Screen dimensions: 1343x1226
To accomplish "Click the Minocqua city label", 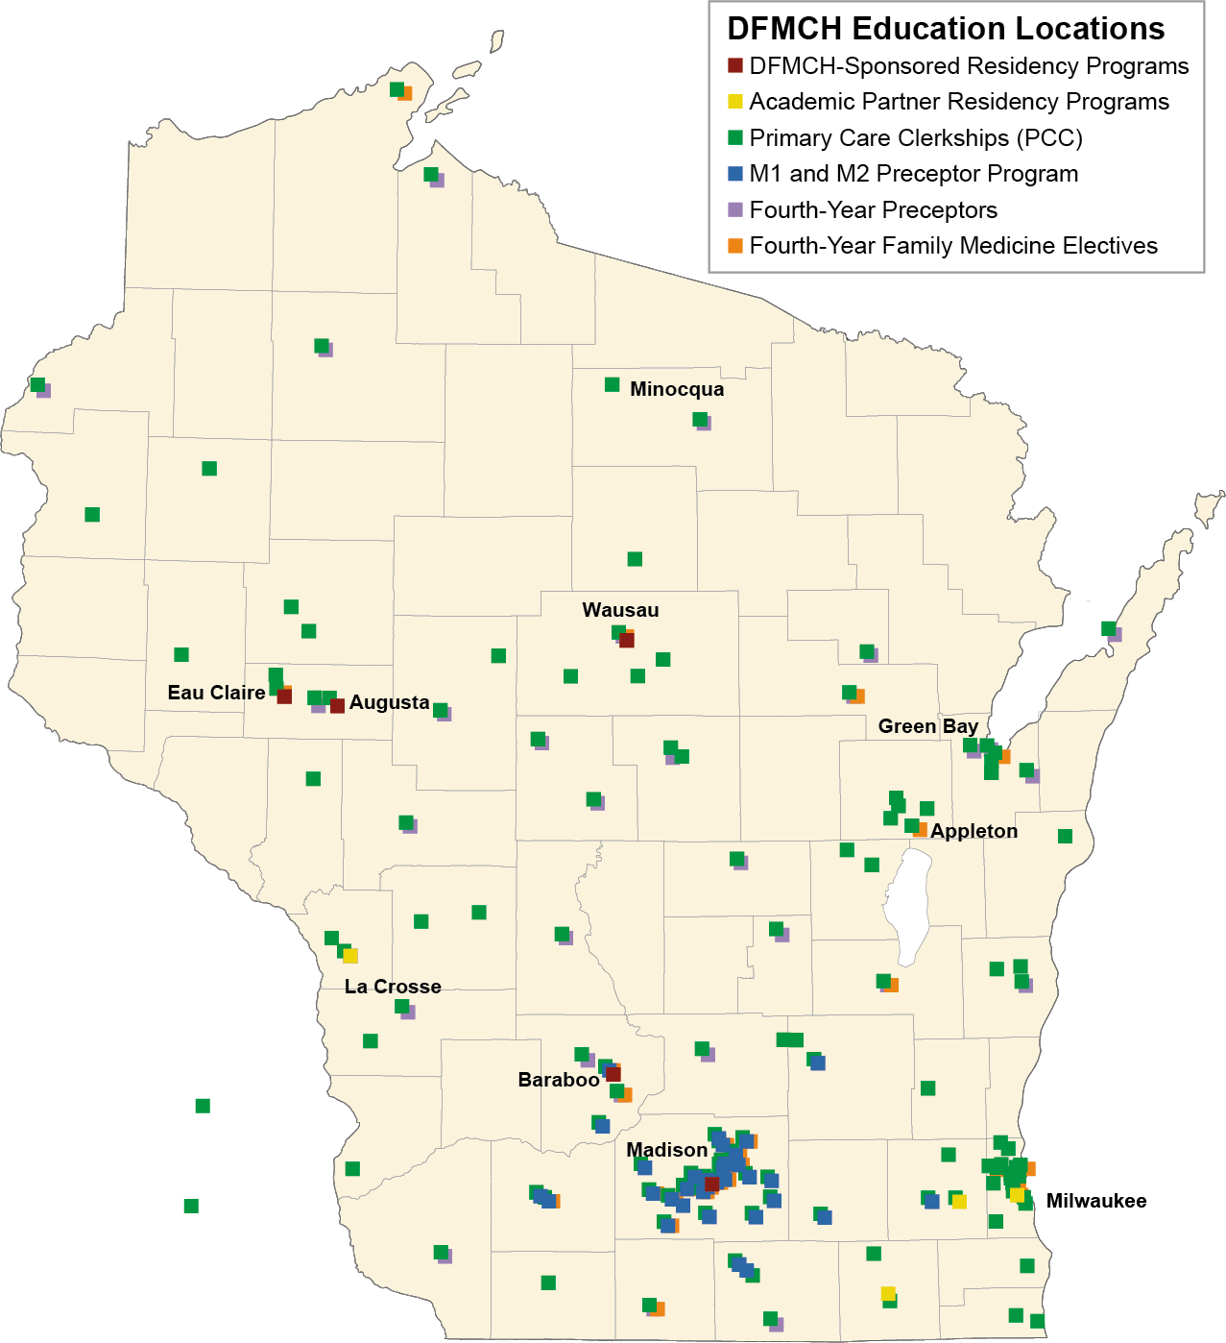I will click(x=677, y=389).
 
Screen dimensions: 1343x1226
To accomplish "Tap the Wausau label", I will click(x=620, y=610).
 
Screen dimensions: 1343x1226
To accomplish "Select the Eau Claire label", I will click(x=216, y=693).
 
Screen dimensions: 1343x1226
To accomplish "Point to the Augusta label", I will click(x=389, y=702).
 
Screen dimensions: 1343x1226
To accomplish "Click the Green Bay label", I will click(x=927, y=726).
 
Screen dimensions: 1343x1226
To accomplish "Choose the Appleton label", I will click(x=974, y=831).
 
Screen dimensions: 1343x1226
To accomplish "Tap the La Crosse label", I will click(x=393, y=987).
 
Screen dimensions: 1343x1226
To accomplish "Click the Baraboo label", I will click(x=559, y=1080).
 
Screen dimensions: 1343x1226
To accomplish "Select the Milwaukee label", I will click(x=1095, y=1201).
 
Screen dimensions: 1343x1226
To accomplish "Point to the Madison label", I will click(x=666, y=1150).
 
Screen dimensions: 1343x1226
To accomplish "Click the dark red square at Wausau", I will click(x=627, y=640).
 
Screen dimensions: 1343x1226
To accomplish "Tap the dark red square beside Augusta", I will click(x=337, y=706).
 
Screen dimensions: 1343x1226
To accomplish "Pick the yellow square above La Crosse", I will click(x=350, y=956).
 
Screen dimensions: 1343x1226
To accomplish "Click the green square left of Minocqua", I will click(x=612, y=385).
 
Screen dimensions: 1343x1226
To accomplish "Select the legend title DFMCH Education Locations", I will click(x=946, y=29).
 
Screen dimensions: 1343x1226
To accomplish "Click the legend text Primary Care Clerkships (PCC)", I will click(x=915, y=138).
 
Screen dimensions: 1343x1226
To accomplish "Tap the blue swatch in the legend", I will click(x=735, y=174).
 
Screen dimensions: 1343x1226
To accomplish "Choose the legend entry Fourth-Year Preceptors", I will click(x=873, y=210).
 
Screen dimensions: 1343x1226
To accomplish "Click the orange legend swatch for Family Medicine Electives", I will click(x=735, y=246).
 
